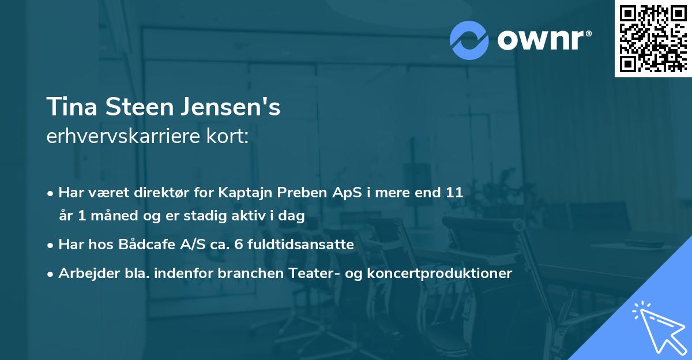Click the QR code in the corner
pos(652,39)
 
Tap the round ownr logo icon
pos(470,40)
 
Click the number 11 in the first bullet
pos(454,192)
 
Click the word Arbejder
pos(85,273)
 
